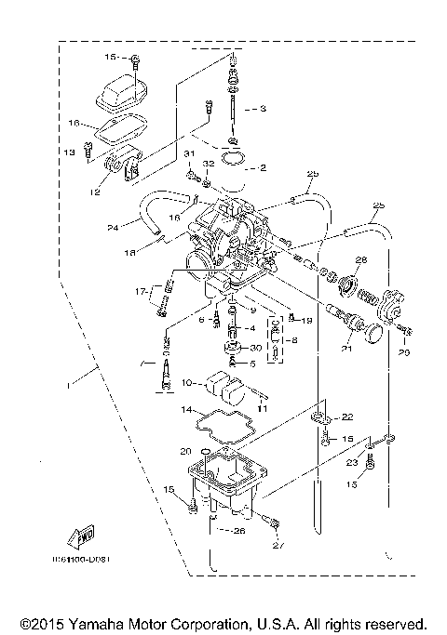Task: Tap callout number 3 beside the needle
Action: (x=264, y=109)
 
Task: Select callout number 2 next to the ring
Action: (x=264, y=168)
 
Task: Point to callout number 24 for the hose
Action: (x=113, y=226)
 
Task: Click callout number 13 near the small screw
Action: (x=69, y=152)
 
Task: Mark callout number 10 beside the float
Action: (x=186, y=382)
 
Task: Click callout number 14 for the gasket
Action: (x=186, y=409)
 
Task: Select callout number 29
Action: (x=404, y=353)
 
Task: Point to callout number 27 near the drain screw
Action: (x=277, y=546)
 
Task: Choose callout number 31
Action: (x=187, y=152)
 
